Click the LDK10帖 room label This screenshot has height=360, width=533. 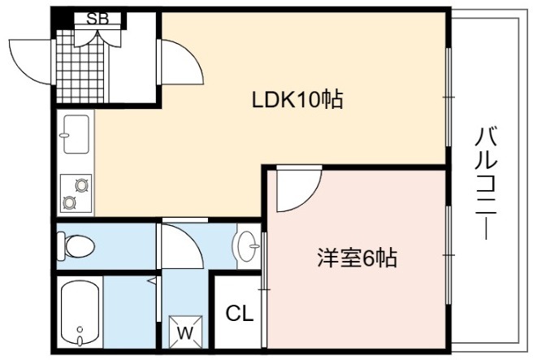click(x=297, y=100)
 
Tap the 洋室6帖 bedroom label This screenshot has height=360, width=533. click(x=357, y=258)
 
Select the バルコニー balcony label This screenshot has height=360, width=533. click(x=486, y=183)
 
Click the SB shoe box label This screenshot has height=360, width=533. click(x=97, y=19)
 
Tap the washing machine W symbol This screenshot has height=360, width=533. click(x=185, y=332)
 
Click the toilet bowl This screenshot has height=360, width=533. click(x=76, y=245)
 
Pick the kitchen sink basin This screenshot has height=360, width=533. click(x=76, y=134)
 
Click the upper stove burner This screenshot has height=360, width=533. click(x=82, y=185)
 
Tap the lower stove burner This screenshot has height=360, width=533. click(x=69, y=203)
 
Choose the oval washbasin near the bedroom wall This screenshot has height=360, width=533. click(x=246, y=245)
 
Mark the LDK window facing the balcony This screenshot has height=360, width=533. click(x=448, y=98)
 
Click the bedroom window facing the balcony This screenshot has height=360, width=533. click(x=448, y=254)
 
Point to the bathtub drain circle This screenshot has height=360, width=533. click(x=80, y=329)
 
